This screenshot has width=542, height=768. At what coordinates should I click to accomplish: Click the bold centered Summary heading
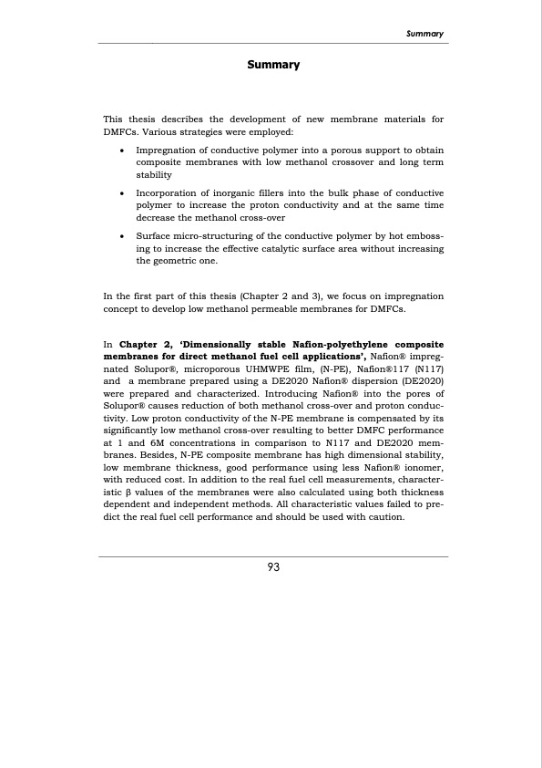[x=273, y=65]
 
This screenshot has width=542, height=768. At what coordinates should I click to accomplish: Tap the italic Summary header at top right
[x=424, y=34]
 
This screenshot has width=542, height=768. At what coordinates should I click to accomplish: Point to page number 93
[x=273, y=566]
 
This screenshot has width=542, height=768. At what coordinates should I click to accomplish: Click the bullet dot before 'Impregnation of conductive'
[x=122, y=150]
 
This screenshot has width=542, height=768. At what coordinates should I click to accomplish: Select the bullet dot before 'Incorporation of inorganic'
[x=122, y=194]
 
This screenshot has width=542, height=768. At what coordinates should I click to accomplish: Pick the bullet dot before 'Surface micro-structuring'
[x=122, y=236]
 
